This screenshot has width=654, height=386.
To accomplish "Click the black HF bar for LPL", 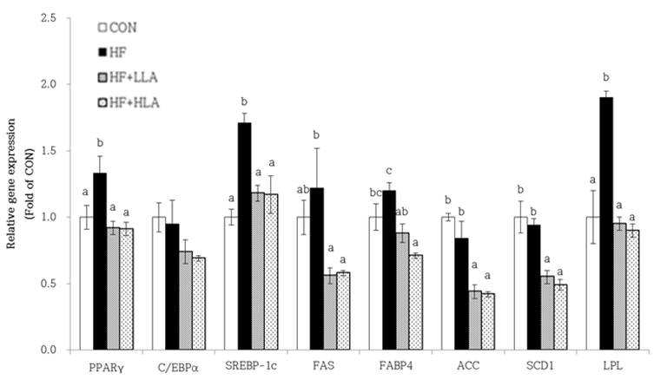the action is pos(606,224).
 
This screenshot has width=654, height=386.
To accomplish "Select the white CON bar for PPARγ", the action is pos(86,283).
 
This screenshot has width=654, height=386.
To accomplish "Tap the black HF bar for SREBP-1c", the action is pos(244,236).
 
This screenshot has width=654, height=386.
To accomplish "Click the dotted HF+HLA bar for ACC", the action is pos(487,322).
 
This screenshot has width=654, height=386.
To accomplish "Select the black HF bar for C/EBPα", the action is pos(172,287).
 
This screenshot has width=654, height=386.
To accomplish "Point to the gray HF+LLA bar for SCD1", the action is pos(548,313).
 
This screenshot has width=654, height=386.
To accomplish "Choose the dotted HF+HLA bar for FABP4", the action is pos(415,303).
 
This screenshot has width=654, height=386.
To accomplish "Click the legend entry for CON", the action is pos(117,28).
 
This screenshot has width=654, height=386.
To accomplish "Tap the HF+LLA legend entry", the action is pos(128,77).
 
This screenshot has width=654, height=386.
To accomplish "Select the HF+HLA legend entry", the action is pos(129,102).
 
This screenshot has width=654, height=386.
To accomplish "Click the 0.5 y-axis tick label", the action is pos(49,284).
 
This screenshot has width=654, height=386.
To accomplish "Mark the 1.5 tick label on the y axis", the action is pos(49,151).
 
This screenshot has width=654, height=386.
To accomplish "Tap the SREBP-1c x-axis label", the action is pos(251,366).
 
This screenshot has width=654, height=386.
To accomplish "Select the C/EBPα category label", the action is pos(179,368).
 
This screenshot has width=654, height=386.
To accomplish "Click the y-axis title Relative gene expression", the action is pos(10,184).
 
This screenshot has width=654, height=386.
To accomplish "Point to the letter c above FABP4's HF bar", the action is pos(389,171).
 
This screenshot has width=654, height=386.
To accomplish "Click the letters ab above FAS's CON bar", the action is pos(303,189).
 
